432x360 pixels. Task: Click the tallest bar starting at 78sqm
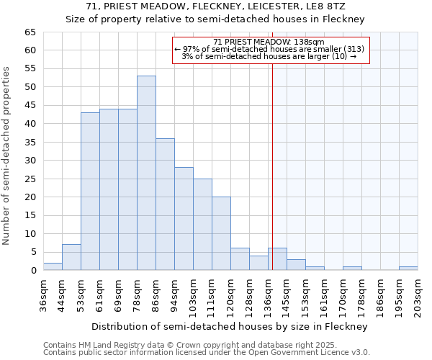pyautogui.click(x=146, y=173)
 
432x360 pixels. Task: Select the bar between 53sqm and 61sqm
pyautogui.click(x=90, y=192)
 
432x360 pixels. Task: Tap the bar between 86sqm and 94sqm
pyautogui.click(x=165, y=204)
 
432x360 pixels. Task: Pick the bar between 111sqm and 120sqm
pyautogui.click(x=221, y=233)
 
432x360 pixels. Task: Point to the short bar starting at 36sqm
pyautogui.click(x=53, y=266)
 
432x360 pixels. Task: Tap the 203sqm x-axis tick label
pyautogui.click(x=418, y=294)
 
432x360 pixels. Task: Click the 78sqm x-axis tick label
pyautogui.click(x=138, y=294)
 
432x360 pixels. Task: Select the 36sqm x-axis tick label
pyautogui.click(x=44, y=294)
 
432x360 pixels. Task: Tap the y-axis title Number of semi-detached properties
pyautogui.click(x=7, y=156)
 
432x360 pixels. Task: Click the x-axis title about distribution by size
pyautogui.click(x=230, y=326)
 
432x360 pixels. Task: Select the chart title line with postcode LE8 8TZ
pyautogui.click(x=215, y=6)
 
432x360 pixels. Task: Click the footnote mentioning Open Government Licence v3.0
pyautogui.click(x=207, y=353)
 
